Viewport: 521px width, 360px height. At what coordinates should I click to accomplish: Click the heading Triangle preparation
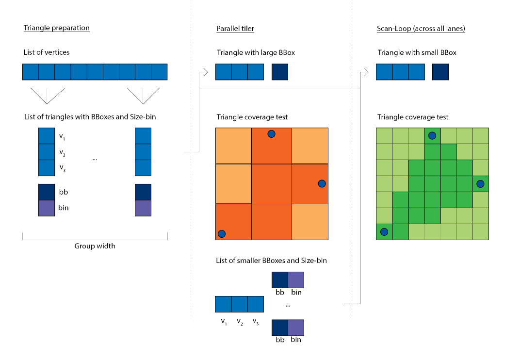tap(56, 28)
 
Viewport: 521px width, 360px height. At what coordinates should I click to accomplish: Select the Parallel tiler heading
tap(235, 29)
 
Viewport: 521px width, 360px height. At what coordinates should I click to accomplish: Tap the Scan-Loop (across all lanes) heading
tap(421, 29)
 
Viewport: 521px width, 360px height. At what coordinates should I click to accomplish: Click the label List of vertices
tap(46, 52)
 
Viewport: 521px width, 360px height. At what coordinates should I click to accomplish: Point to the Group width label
tap(95, 246)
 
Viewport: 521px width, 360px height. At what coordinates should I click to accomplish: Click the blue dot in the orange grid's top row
tap(272, 134)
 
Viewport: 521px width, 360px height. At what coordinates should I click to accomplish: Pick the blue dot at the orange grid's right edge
tap(321, 183)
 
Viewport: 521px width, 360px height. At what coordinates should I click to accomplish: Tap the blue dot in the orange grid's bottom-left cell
tap(222, 233)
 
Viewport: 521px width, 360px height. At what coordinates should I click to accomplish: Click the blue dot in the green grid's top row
tap(432, 135)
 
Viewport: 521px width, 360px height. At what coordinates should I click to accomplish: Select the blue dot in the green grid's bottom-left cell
tap(384, 232)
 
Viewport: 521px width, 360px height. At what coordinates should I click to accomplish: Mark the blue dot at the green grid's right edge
tap(480, 183)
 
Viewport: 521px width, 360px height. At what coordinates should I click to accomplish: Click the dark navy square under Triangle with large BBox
tap(280, 72)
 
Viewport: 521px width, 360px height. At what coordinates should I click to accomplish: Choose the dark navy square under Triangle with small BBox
tap(440, 72)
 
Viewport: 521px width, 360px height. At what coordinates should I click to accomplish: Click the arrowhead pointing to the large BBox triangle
tap(205, 72)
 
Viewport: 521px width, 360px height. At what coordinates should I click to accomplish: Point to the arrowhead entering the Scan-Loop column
tap(366, 72)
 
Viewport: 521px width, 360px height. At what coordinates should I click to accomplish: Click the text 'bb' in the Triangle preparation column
tap(64, 192)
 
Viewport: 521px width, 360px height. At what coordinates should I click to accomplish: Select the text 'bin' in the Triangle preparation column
tap(64, 208)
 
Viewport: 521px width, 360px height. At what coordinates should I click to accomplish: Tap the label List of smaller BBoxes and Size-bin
tap(271, 261)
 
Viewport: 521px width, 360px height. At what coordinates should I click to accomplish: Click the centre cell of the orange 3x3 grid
tap(272, 184)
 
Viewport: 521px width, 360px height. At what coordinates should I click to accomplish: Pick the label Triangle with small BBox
tap(417, 52)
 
